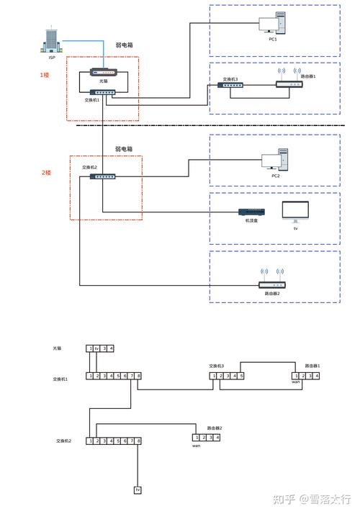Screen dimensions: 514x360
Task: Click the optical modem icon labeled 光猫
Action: point(103,73)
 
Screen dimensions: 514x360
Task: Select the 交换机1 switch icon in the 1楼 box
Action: point(103,92)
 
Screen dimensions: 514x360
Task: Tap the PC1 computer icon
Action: point(274,25)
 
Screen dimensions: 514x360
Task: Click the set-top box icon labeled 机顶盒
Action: point(252,212)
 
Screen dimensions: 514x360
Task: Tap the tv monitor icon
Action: point(295,212)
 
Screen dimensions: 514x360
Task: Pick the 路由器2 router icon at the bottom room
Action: point(272,282)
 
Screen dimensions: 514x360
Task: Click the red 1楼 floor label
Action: point(45,74)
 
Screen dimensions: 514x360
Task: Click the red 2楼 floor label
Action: point(46,173)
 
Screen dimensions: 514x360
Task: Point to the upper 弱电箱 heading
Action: point(124,45)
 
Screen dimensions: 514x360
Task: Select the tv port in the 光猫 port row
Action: point(96,348)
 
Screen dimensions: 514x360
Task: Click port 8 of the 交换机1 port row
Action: point(139,376)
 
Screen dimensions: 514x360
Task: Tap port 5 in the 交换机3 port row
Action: point(241,376)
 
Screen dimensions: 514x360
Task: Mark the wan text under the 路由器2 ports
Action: point(196,446)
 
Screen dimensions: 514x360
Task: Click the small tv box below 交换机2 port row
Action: point(138,490)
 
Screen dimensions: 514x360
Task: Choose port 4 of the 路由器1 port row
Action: point(316,376)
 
